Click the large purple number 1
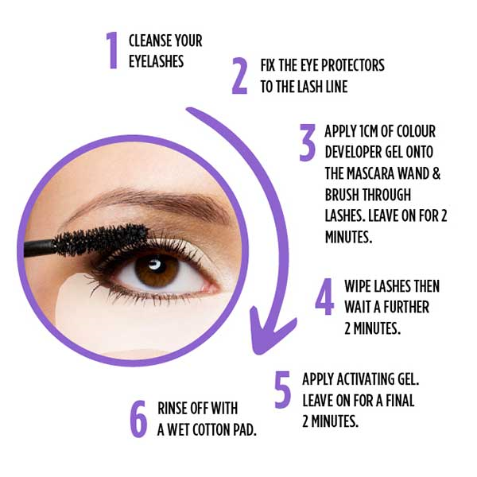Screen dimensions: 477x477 [x=113, y=50]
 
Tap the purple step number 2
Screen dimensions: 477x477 [x=239, y=76]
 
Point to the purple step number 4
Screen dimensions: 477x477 [x=324, y=297]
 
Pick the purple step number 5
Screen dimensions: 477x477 [x=282, y=390]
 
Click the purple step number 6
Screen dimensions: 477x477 [x=138, y=418]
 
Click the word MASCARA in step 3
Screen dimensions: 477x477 [x=374, y=173]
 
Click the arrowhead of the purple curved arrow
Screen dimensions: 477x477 [x=266, y=338]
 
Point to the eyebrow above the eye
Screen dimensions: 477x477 [x=143, y=199]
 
